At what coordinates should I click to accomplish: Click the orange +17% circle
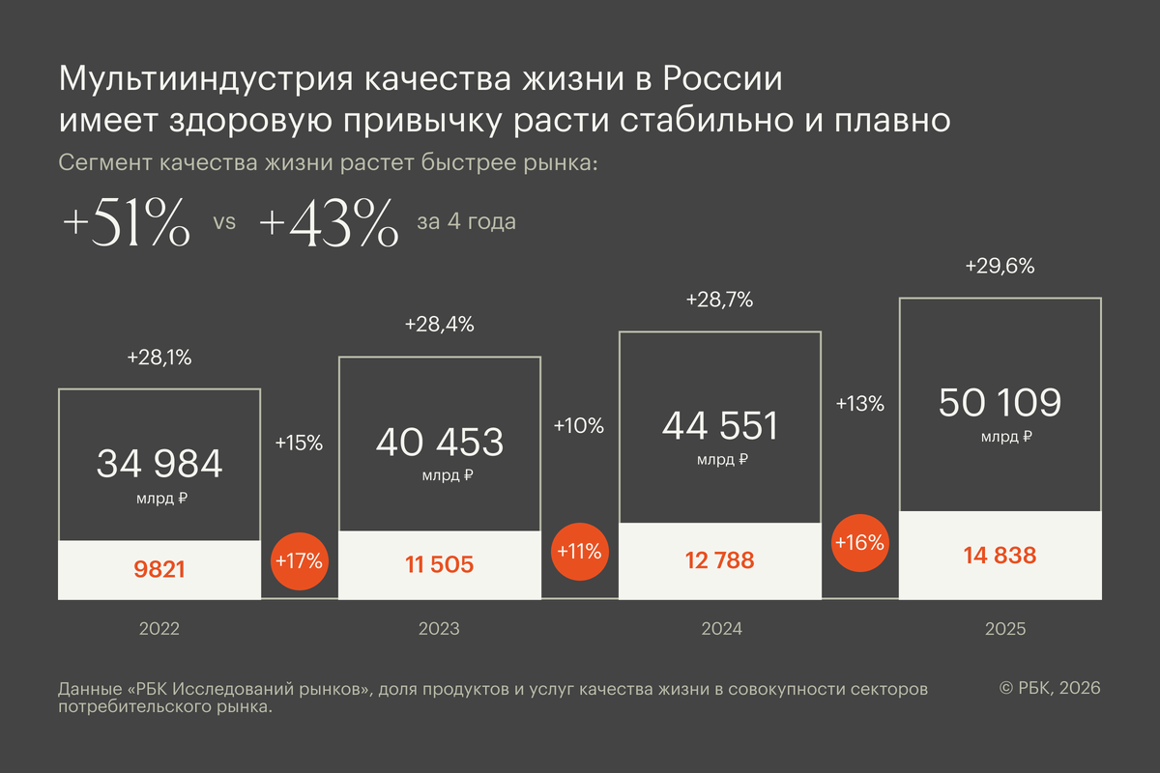pyautogui.click(x=299, y=559)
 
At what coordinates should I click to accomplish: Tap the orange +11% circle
pyautogui.click(x=579, y=552)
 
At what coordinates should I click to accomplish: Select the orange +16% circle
pyautogui.click(x=859, y=542)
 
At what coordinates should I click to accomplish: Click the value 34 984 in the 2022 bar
pyautogui.click(x=159, y=464)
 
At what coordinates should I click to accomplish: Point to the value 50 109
pyautogui.click(x=1000, y=402)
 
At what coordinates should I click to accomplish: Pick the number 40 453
pyautogui.click(x=440, y=442)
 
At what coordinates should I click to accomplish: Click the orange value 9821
pyautogui.click(x=159, y=569)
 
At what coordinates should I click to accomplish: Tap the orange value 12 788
pyautogui.click(x=720, y=560)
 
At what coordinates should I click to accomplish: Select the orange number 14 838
pyautogui.click(x=1000, y=556)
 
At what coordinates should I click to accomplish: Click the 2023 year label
pyautogui.click(x=440, y=629)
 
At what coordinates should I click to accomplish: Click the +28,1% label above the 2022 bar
pyautogui.click(x=159, y=358)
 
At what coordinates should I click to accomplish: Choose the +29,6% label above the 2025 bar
pyautogui.click(x=1000, y=267)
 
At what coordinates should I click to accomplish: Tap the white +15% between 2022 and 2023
pyautogui.click(x=299, y=444)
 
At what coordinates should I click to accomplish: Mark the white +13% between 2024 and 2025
pyautogui.click(x=859, y=404)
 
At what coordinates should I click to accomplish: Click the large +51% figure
pyautogui.click(x=126, y=226)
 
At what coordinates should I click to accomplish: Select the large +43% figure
pyautogui.click(x=329, y=226)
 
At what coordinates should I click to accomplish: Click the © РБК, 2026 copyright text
pyautogui.click(x=1050, y=688)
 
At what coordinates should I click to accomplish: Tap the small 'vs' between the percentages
pyautogui.click(x=224, y=222)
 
